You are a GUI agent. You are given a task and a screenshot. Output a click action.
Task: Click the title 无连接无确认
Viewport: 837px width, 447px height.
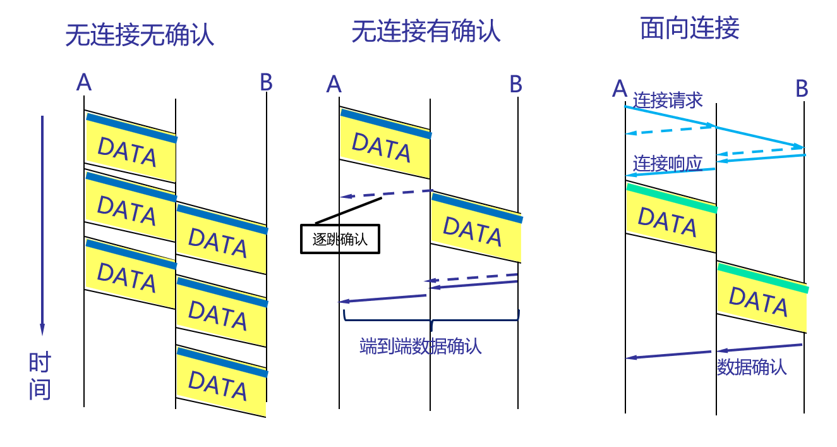(140, 35)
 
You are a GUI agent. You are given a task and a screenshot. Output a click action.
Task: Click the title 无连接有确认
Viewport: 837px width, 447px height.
(426, 30)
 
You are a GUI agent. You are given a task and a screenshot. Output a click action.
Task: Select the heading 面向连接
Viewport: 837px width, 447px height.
(689, 28)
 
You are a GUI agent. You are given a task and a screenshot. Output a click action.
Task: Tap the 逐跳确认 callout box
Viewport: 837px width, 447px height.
(340, 240)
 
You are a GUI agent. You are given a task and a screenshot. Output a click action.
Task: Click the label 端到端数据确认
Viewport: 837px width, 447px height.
(420, 346)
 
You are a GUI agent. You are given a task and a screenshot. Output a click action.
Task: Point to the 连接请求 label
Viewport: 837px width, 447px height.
(668, 100)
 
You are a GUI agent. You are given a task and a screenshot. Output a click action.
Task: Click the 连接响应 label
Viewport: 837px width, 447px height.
(668, 164)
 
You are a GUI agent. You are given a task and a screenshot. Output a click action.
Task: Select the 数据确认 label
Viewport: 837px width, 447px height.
(752, 367)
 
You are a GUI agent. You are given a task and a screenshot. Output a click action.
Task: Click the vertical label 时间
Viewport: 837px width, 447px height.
(40, 376)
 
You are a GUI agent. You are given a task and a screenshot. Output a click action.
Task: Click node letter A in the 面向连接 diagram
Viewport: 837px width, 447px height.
(620, 89)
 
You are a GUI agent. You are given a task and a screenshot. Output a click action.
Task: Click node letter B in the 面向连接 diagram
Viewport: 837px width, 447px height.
(802, 89)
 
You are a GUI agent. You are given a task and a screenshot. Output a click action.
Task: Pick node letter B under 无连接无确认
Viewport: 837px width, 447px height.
(266, 82)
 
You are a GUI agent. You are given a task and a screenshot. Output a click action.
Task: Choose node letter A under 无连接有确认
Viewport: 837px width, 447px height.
(334, 83)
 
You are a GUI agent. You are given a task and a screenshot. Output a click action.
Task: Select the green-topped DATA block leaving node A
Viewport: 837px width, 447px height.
(671, 218)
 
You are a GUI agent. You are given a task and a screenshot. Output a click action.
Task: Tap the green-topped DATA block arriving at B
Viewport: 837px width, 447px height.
(761, 298)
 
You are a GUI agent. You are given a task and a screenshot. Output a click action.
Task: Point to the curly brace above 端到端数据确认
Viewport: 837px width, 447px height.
(431, 321)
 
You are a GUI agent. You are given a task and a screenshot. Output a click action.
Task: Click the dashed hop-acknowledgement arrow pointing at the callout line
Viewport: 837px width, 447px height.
(385, 193)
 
